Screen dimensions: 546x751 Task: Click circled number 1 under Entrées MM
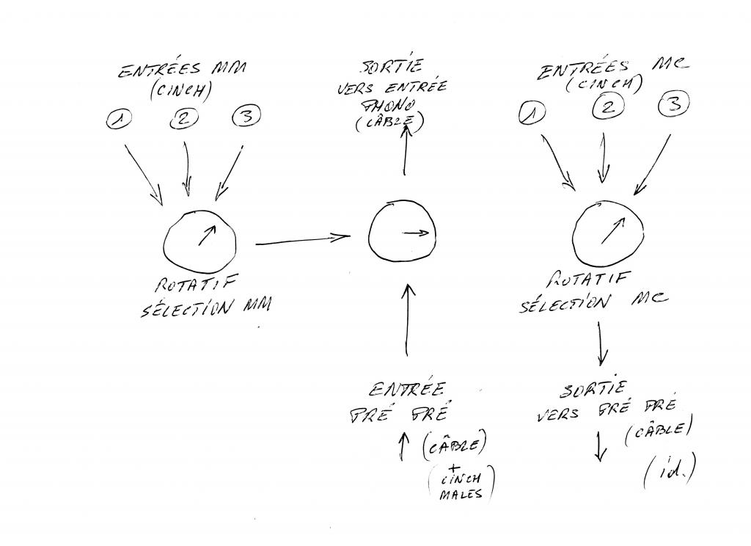(118, 119)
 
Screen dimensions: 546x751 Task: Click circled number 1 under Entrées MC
(533, 112)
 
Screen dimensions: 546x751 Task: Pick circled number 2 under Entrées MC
(607, 107)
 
